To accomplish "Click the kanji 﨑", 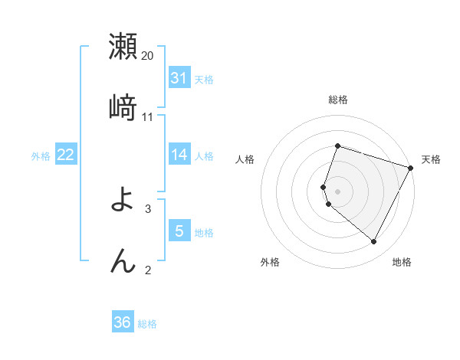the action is [x=123, y=107].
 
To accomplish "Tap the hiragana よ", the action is [x=123, y=201].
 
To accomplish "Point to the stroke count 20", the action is [x=148, y=56].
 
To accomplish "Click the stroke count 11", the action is [x=148, y=117].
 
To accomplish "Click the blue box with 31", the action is [x=179, y=78].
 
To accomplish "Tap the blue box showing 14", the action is [x=179, y=155].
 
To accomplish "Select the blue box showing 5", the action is [x=179, y=231].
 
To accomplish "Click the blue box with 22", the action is [x=66, y=155].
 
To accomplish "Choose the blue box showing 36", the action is [x=123, y=322].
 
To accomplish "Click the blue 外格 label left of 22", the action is [x=41, y=156].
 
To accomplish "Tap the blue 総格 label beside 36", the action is [x=147, y=324].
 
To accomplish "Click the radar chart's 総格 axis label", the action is [x=338, y=100].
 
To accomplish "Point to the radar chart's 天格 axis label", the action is [x=431, y=159].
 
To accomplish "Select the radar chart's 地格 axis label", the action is [x=402, y=263].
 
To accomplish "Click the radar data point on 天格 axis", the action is [x=412, y=167].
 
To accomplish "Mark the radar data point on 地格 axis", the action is [x=374, y=242].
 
